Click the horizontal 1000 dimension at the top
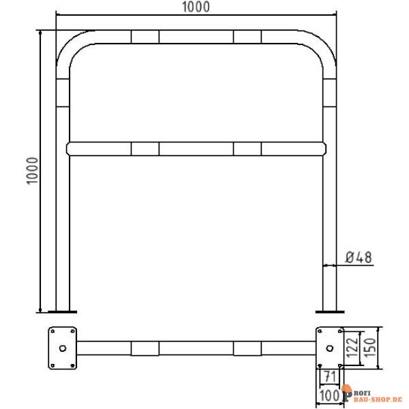click(x=196, y=7)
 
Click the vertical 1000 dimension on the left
click(x=33, y=171)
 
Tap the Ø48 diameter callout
click(x=359, y=258)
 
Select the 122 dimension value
click(x=352, y=348)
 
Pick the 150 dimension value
click(x=369, y=348)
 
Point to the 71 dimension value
click(x=330, y=376)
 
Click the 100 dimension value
click(x=329, y=395)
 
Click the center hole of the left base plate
click(x=63, y=348)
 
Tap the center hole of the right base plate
click(x=330, y=348)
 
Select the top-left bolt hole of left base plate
click(x=52, y=331)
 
